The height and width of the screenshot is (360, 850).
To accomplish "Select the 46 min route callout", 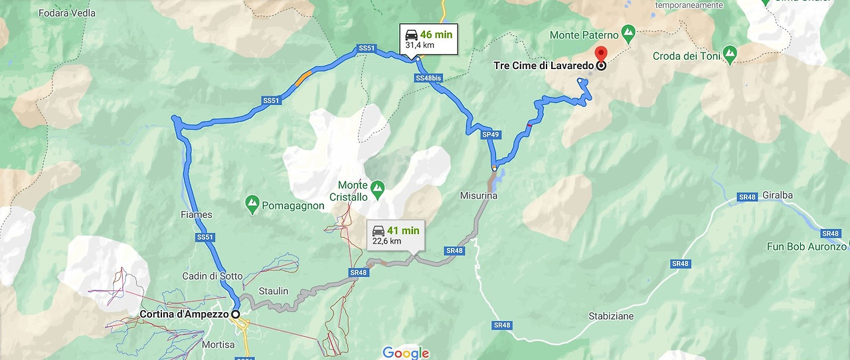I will coord(428,39).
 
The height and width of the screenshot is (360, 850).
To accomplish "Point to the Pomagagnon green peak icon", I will coord(252,204).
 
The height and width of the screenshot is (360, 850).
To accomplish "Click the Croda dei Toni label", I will coord(686,56).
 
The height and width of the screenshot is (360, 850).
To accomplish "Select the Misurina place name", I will coord(478,196).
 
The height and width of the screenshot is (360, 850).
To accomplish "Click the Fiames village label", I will coord(196,215).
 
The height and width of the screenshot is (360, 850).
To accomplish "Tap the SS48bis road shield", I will coord(428,78).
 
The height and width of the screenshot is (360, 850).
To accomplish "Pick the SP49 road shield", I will coord(490,135).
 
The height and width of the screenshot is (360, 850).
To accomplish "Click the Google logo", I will coord(406,353).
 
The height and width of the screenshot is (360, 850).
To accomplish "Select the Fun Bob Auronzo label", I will coord(807,246).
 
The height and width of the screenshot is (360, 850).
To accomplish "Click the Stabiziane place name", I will coord(610,316).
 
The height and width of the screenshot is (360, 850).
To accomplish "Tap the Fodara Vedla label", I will coord(66,13).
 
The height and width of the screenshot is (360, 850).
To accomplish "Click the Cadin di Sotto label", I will coord(212,276).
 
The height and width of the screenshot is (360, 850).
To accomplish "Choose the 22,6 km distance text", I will coord(386,242).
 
